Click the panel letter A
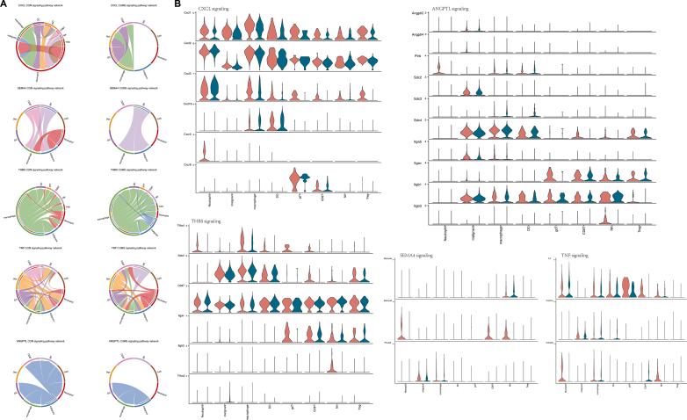click(4, 4)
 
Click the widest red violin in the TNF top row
click(626, 286)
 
